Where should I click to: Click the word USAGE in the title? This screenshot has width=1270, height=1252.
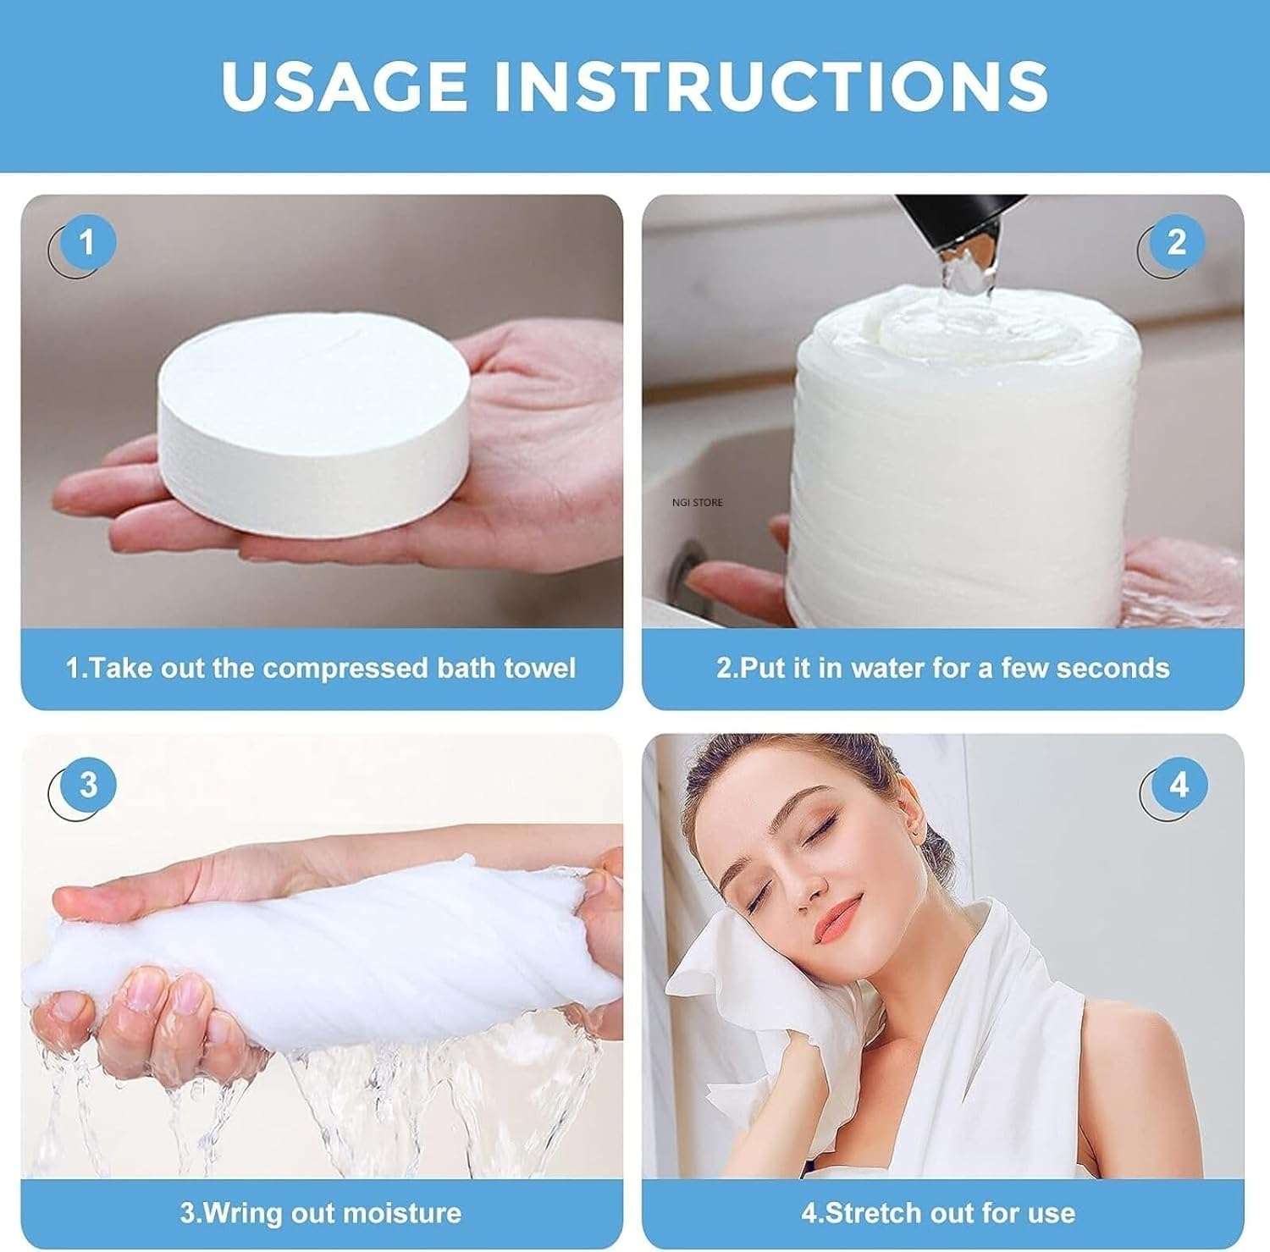pos(344,85)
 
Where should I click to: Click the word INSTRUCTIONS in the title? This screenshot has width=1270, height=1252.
pos(771,85)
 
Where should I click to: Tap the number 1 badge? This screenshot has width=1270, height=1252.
pos(87,243)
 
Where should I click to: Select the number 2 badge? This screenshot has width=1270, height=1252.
pos(1176,243)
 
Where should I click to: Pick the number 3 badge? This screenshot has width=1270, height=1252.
pos(88,785)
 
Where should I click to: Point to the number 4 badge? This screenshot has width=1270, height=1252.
pos(1179,786)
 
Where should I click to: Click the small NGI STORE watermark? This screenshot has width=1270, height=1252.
pos(697,503)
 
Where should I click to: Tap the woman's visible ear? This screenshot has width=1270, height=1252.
pos(910,813)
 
